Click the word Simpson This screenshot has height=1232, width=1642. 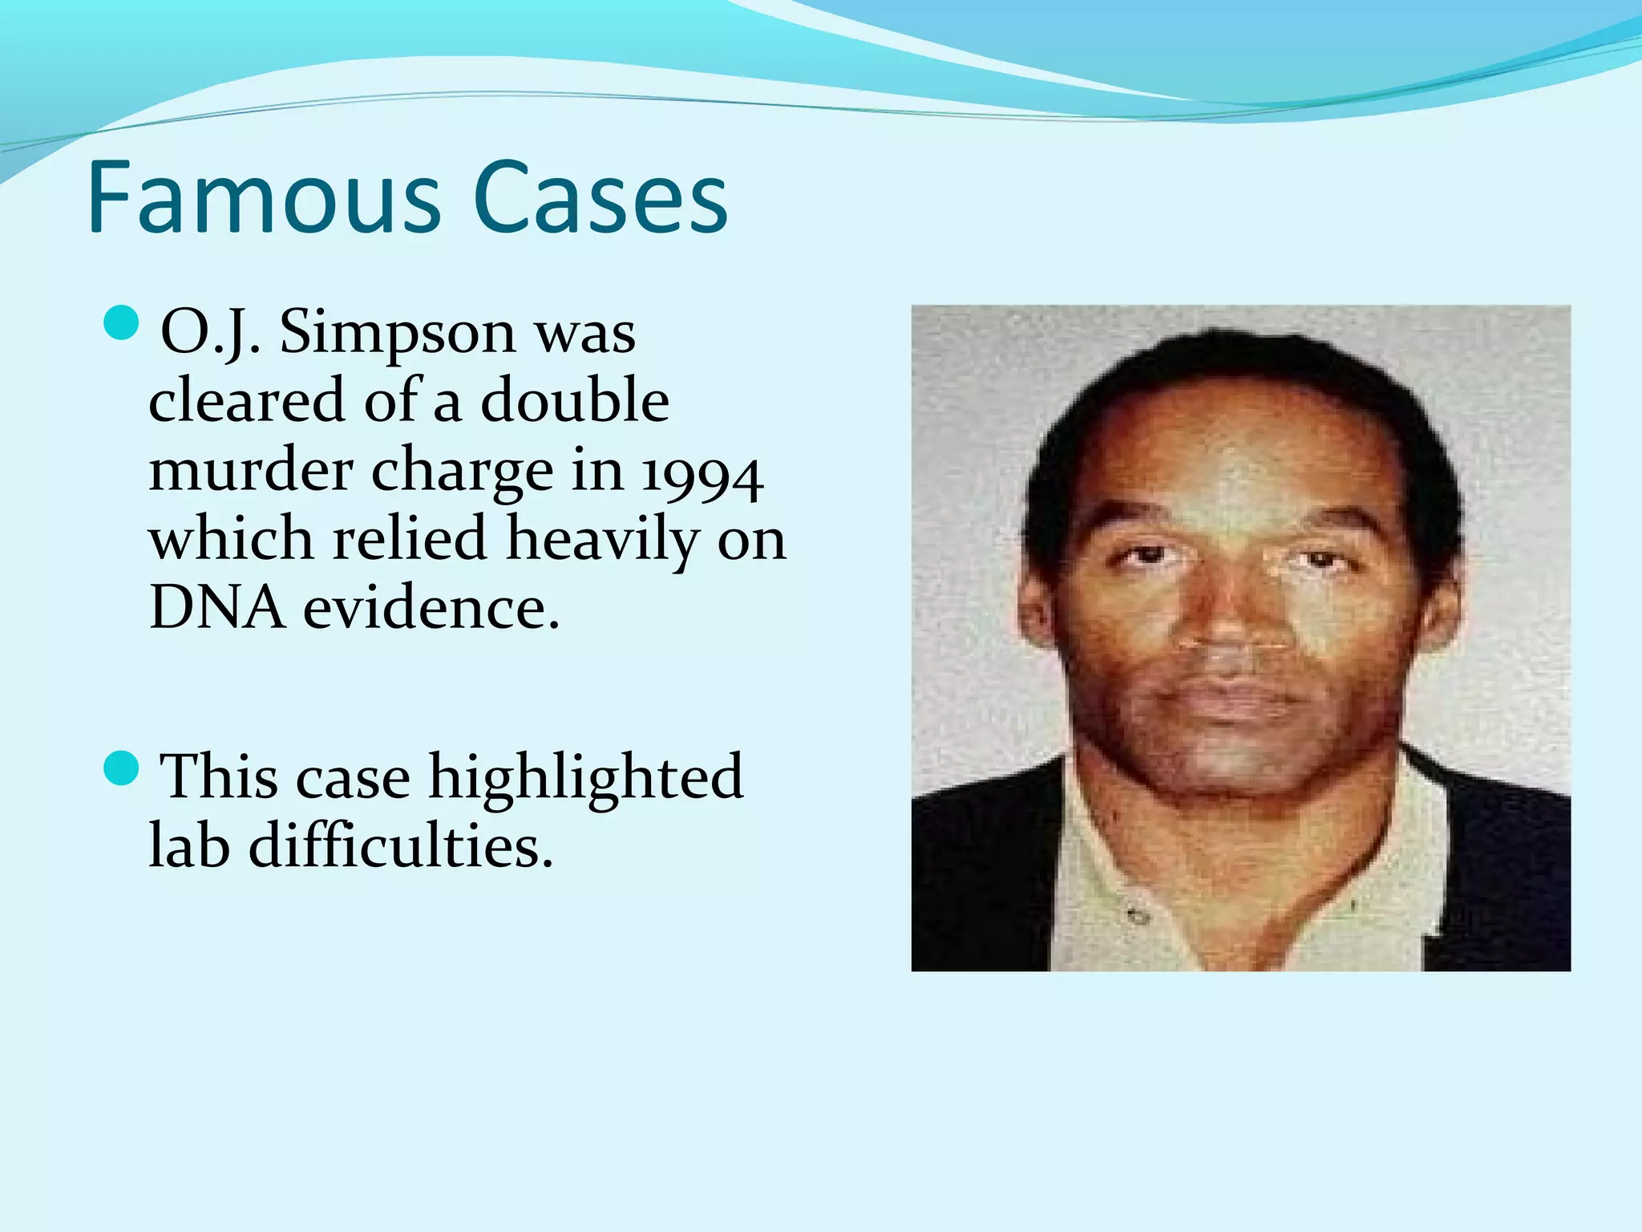pos(397,333)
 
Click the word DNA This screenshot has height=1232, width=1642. pos(216,607)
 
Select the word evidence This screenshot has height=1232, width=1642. pos(431,607)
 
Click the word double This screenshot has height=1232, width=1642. pos(575,401)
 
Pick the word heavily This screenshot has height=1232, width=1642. pos(603,539)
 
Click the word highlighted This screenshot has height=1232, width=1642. pos(586,778)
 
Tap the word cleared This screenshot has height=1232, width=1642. pos(247,401)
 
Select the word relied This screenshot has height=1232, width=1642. pos(410,539)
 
